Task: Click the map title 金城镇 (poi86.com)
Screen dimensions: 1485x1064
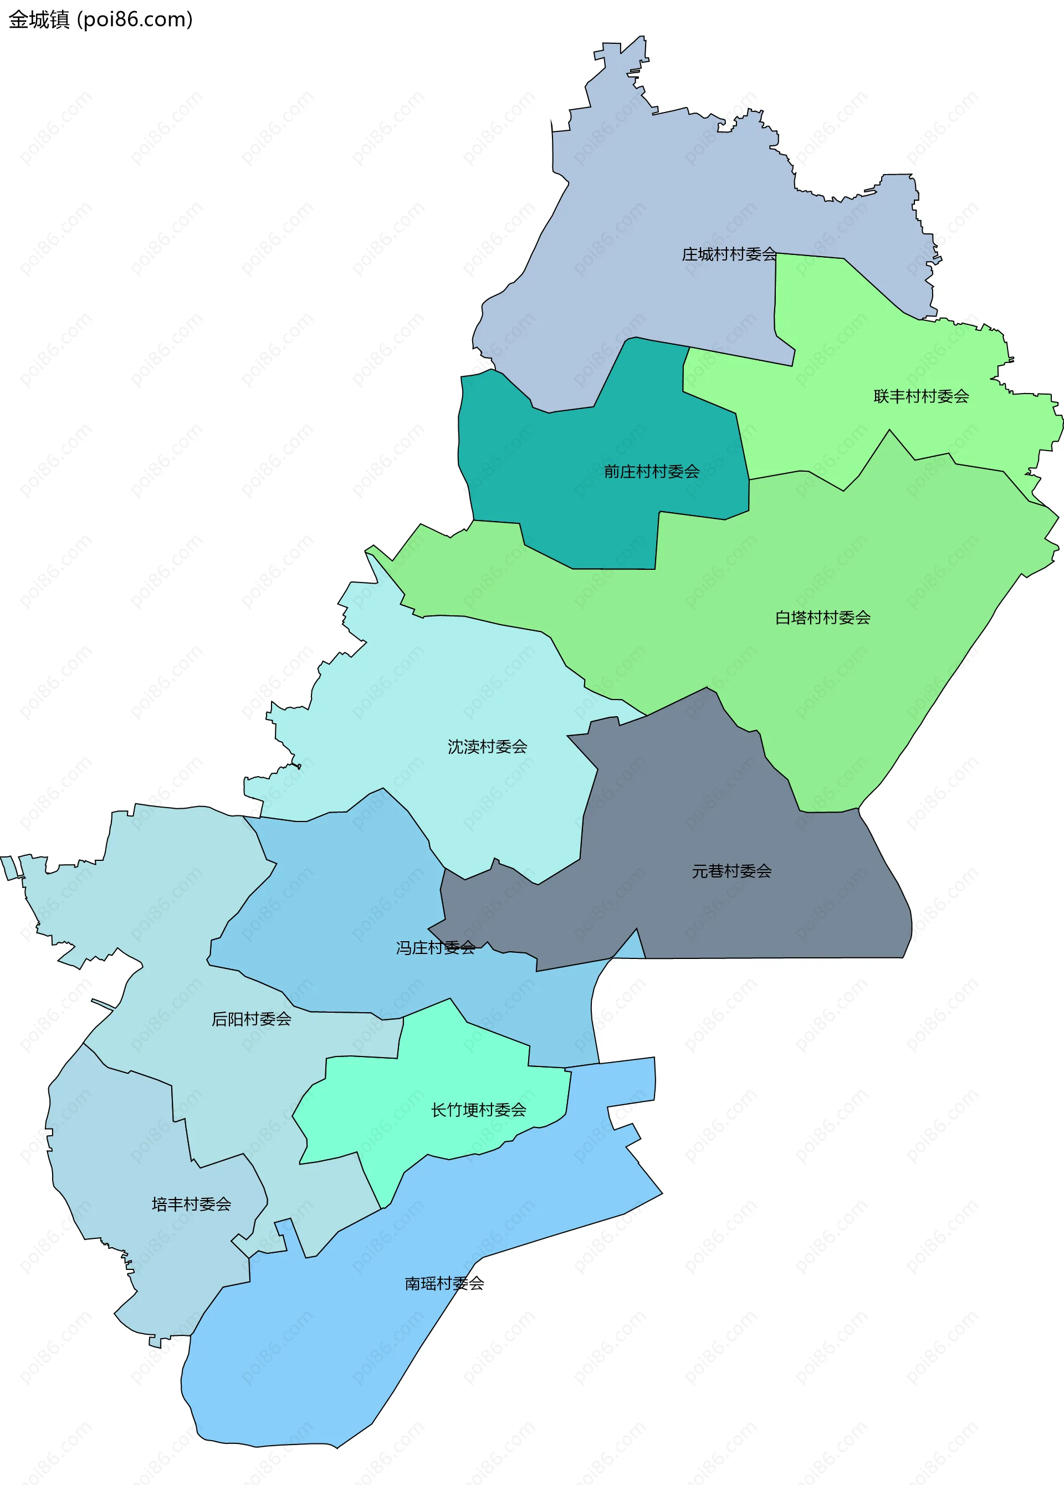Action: tap(101, 19)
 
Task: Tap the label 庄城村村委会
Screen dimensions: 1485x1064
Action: tap(729, 254)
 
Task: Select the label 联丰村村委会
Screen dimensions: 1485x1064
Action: tap(920, 396)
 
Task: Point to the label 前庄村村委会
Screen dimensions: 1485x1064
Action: tap(652, 471)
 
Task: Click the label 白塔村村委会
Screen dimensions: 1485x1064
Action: tap(822, 618)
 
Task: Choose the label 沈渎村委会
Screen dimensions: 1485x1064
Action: tap(487, 747)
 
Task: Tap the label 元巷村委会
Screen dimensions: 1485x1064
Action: tap(731, 871)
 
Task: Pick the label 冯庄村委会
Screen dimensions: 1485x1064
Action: tap(436, 947)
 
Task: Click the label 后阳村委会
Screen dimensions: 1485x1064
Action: tap(252, 1019)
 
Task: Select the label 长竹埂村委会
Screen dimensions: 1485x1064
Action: tap(479, 1110)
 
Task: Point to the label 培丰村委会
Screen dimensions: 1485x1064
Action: tap(191, 1204)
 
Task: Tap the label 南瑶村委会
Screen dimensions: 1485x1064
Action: tap(444, 1283)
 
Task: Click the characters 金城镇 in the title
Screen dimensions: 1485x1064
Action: tap(39, 19)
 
